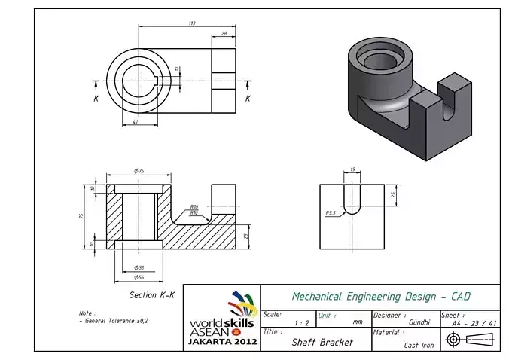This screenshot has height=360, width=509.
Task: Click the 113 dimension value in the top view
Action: (x=192, y=23)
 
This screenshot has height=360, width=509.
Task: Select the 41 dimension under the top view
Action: (x=136, y=121)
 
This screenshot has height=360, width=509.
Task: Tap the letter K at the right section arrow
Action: (x=248, y=98)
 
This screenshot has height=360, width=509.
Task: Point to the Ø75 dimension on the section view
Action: (x=139, y=172)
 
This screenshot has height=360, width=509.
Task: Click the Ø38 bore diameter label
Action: (x=139, y=267)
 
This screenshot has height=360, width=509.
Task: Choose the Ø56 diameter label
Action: (x=139, y=277)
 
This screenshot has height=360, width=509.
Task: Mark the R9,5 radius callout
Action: (x=331, y=213)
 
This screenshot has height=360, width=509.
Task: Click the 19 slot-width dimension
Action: (x=352, y=170)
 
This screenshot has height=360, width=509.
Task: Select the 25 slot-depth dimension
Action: (x=393, y=194)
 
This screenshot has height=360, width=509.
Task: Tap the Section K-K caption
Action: (x=151, y=294)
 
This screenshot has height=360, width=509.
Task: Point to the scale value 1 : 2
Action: (x=301, y=322)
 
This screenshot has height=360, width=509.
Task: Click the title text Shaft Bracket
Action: (x=322, y=341)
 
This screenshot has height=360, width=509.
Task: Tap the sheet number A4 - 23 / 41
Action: (x=474, y=322)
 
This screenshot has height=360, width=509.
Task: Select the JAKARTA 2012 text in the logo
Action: (x=223, y=341)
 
